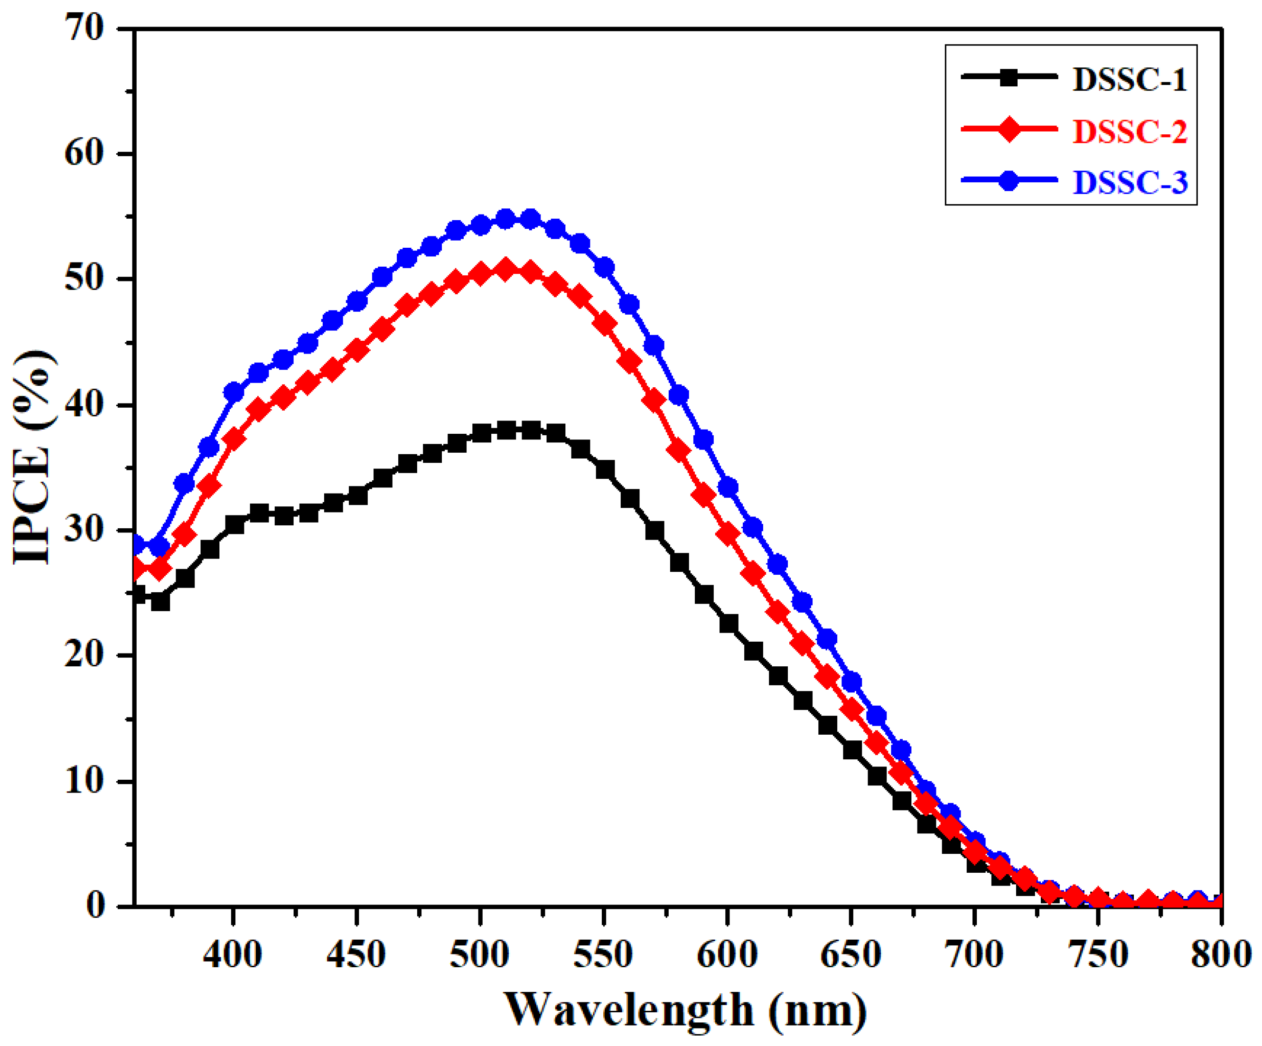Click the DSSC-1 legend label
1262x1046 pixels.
(x=1130, y=79)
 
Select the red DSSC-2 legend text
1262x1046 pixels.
(x=1130, y=131)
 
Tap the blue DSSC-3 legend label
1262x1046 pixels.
(x=1130, y=182)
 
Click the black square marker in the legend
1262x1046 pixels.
(x=1010, y=77)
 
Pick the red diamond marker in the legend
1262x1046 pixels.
(x=1010, y=129)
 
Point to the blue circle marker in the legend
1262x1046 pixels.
(x=1010, y=180)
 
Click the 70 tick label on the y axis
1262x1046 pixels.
(x=84, y=28)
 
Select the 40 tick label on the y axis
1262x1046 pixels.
(x=84, y=405)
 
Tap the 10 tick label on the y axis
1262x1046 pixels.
(x=84, y=781)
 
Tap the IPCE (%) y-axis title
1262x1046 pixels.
(x=33, y=457)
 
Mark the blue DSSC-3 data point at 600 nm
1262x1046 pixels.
(x=727, y=487)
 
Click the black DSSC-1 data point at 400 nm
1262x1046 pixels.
(x=234, y=524)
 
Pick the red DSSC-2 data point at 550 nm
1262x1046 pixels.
(x=604, y=324)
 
